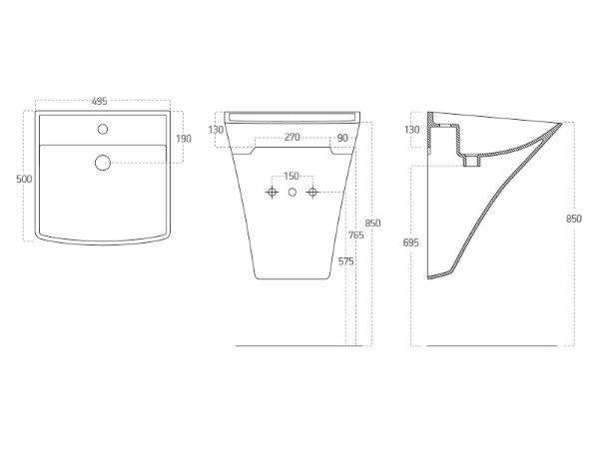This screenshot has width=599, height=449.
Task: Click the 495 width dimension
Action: [99, 101]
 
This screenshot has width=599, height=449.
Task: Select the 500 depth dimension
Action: [24, 179]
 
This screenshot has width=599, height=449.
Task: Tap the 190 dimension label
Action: [184, 139]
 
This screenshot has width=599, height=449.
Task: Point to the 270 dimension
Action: [292, 137]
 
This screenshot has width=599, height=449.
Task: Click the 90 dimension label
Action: [343, 138]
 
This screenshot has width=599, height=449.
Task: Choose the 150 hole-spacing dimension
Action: [292, 176]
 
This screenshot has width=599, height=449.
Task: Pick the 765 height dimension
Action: [356, 235]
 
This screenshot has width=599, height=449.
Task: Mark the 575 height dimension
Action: [345, 261]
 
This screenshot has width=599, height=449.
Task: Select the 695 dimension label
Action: [411, 242]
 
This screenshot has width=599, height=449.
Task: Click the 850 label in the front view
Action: [372, 223]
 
